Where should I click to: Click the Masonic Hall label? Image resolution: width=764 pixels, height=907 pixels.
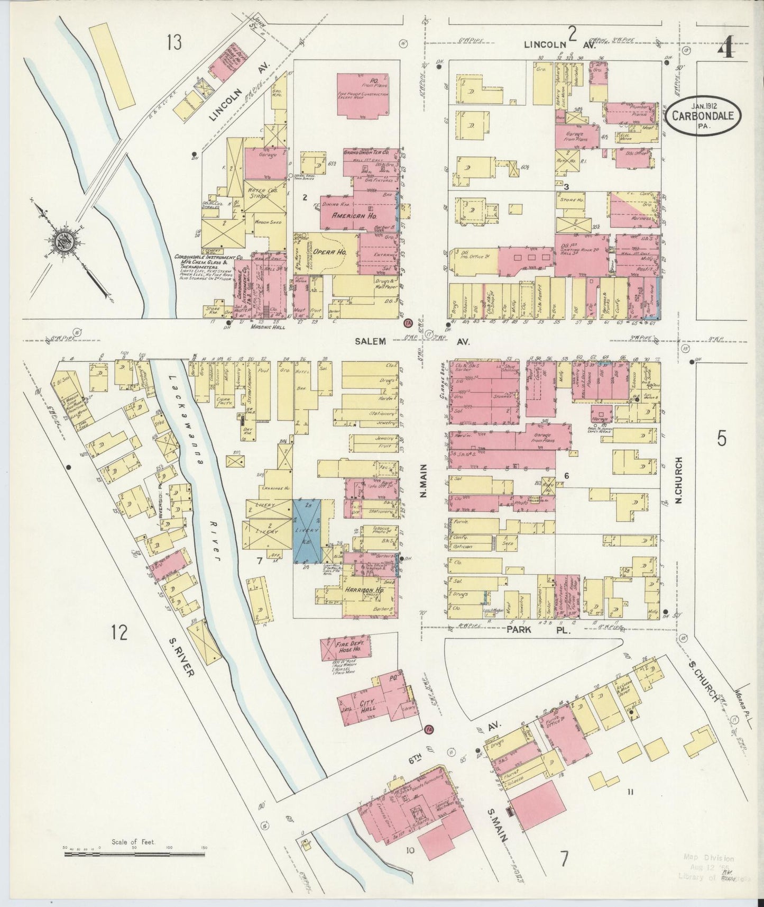click(x=266, y=328)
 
